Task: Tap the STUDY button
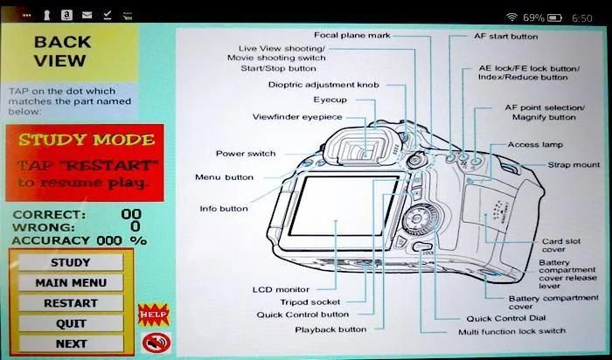70,262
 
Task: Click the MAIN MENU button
70,282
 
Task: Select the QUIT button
70,323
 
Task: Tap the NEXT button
70,343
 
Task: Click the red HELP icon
152,313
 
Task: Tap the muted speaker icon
152,342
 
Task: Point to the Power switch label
246,154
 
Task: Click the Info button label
223,209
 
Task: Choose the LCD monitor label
280,289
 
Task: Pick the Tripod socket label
309,302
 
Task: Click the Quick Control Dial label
507,319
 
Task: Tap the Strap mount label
574,164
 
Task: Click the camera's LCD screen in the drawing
342,205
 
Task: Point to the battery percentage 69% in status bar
533,17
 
